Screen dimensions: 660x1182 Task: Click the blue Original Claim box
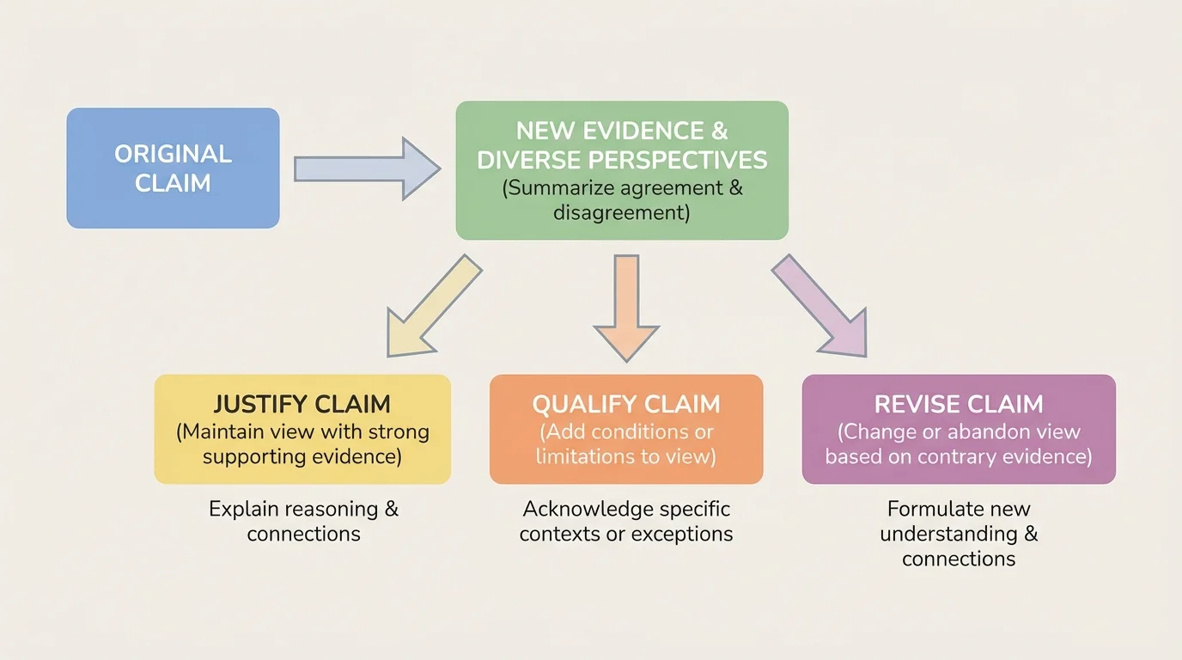click(173, 168)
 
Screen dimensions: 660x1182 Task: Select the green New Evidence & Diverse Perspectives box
click(621, 170)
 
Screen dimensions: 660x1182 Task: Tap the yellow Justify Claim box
click(302, 429)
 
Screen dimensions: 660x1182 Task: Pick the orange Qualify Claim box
click(625, 429)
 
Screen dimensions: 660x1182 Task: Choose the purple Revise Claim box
click(958, 429)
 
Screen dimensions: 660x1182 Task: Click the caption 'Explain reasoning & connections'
click(303, 521)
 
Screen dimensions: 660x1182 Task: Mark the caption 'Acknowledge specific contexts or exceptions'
click(626, 521)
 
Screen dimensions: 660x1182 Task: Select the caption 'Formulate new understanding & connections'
click(959, 534)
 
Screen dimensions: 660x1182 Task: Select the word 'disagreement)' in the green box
click(621, 212)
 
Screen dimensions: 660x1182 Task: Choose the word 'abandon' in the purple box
click(967, 431)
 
